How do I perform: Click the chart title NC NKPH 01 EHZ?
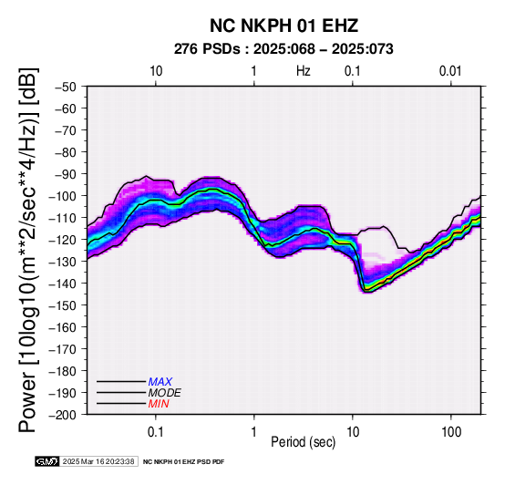[283, 26]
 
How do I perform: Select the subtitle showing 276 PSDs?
[283, 49]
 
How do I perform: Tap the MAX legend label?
[160, 382]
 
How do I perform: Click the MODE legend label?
[165, 393]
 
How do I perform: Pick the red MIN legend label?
[159, 404]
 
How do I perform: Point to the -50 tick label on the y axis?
[66, 87]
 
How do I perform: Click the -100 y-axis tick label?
[63, 196]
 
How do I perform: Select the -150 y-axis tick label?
[63, 304]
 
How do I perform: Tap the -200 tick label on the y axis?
[63, 415]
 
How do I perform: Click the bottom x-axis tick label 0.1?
[156, 432]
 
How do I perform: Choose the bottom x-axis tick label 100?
[451, 432]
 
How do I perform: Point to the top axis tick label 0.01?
[450, 71]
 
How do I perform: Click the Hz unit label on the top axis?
[303, 71]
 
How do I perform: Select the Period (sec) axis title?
[303, 442]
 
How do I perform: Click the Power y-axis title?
[27, 250]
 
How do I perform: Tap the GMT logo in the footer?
[47, 461]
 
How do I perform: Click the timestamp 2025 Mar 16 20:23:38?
[98, 461]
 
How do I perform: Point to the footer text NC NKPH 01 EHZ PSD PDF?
[183, 462]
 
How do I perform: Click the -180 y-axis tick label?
[63, 371]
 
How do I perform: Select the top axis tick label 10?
[156, 71]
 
